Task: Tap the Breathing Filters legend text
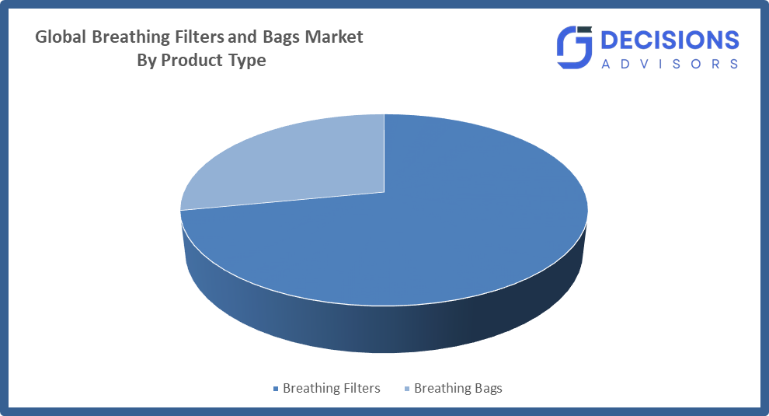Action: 332,388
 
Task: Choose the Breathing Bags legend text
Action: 458,388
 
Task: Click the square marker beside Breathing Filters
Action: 275,389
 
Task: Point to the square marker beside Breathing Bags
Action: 406,389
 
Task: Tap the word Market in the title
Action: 335,37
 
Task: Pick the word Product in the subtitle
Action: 190,60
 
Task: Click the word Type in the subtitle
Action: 246,60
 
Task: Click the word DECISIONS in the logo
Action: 670,41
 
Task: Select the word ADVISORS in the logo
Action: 670,65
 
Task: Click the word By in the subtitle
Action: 147,60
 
